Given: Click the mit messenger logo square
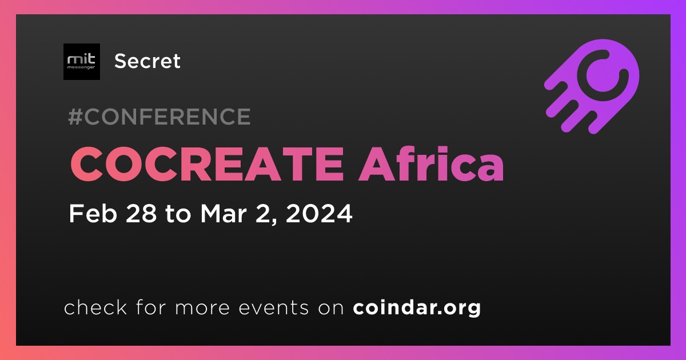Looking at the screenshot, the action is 82,62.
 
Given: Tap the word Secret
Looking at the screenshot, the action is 147,61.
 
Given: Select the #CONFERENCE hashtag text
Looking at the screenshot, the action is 159,117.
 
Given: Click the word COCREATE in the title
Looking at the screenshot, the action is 207,164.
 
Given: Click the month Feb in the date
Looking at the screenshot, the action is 93,213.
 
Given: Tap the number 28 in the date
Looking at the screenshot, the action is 141,213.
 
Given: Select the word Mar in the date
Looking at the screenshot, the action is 224,213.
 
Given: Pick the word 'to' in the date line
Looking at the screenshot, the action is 178,214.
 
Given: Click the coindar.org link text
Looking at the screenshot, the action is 417,307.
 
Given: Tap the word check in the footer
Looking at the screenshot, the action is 95,307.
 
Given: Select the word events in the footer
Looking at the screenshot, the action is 273,307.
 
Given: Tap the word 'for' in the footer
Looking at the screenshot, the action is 151,307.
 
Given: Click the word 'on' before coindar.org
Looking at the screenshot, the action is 331,309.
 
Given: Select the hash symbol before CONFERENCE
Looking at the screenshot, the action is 75,117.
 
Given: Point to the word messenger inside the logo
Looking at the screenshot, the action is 81,67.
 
